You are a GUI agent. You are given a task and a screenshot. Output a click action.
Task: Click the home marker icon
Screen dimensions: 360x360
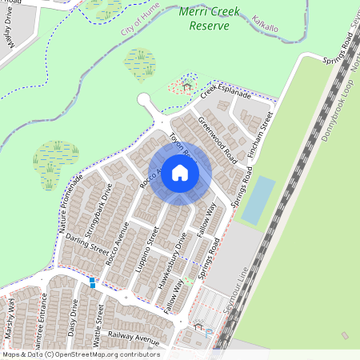coord(180,173)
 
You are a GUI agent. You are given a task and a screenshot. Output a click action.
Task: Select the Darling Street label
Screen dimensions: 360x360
coord(87,244)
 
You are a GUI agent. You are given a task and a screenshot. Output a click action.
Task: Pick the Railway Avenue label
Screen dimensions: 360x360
coord(135,339)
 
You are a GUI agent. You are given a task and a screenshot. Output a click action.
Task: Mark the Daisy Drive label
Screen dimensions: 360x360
coord(73,318)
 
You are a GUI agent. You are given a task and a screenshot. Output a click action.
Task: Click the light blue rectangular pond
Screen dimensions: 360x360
coord(258,200)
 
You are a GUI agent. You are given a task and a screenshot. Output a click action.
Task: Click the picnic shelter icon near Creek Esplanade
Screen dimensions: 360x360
coord(187,86)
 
